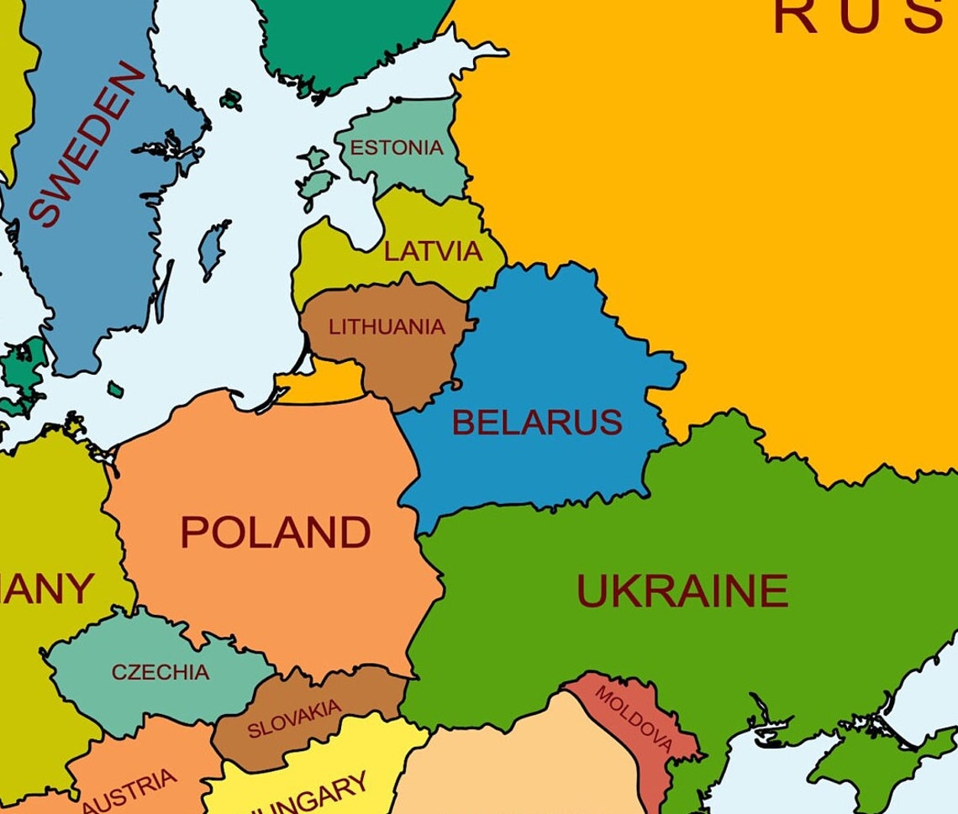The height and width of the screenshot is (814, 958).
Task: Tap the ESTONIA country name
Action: [x=396, y=148]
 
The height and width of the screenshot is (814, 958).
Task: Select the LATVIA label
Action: [x=433, y=250]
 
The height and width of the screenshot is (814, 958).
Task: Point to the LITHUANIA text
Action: [x=386, y=327]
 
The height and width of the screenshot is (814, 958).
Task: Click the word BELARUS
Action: [x=537, y=422]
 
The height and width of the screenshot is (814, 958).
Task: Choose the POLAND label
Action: [x=276, y=533]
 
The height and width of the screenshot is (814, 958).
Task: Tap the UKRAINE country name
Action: [x=682, y=591]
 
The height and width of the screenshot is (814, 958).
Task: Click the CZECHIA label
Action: [x=160, y=672]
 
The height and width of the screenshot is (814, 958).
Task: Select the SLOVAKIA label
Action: [x=294, y=718]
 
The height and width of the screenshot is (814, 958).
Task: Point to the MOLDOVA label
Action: [x=635, y=719]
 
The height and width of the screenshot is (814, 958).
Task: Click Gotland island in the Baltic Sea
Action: [x=213, y=249]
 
